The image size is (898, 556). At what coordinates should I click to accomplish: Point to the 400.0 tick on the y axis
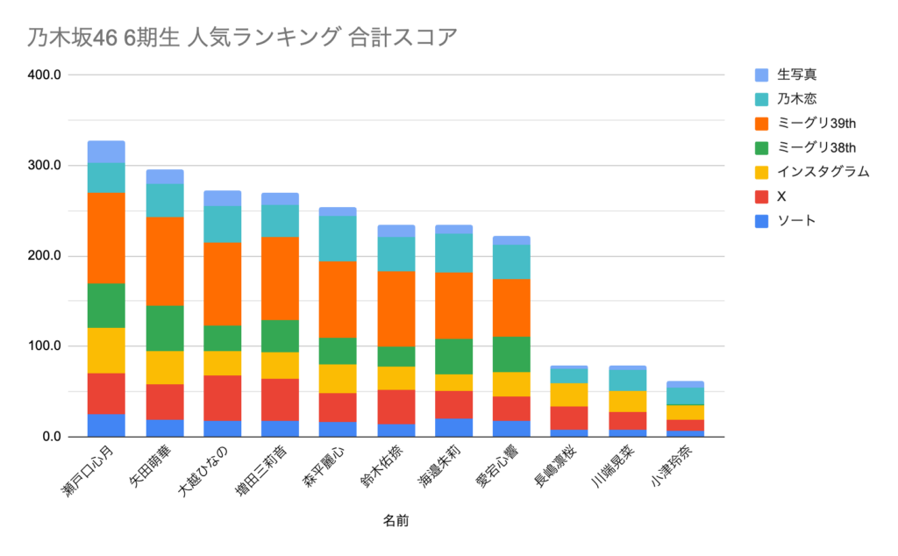click(x=43, y=75)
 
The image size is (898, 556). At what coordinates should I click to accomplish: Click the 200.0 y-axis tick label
click(x=43, y=256)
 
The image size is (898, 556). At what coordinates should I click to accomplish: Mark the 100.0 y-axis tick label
click(x=43, y=346)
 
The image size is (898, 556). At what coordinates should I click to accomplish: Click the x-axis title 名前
click(x=396, y=521)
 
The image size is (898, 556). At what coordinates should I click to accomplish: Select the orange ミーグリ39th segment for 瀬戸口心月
click(x=106, y=238)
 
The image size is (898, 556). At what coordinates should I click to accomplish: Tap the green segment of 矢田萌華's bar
click(x=164, y=328)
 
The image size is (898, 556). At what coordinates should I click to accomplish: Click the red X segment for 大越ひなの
click(x=222, y=398)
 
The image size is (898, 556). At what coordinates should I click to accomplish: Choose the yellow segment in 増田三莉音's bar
click(x=280, y=365)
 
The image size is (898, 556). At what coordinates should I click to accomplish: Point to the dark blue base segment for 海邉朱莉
click(x=453, y=428)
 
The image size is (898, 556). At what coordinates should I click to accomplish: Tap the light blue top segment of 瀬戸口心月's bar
click(x=106, y=152)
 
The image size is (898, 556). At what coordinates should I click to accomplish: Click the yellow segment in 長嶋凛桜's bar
click(x=569, y=395)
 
